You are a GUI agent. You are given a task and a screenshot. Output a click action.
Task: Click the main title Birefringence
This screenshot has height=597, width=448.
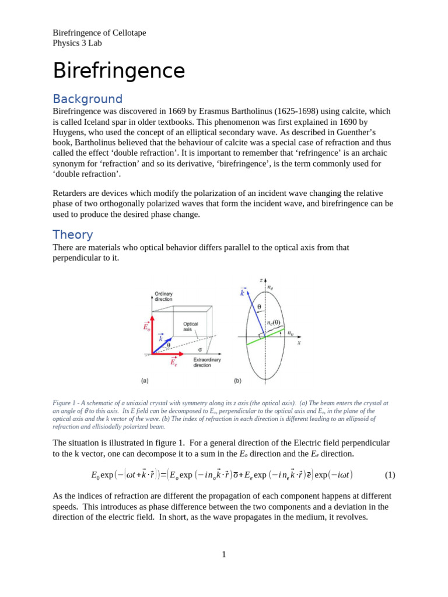coord(119,71)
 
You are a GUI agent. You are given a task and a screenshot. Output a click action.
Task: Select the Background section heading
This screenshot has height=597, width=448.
coord(87,99)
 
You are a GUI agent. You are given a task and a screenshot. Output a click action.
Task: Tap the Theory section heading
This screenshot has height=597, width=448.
coord(73,234)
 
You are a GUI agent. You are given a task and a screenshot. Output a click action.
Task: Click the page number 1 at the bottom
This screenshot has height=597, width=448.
coord(223,554)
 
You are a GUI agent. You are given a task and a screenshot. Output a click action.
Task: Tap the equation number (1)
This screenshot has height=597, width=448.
coord(390,475)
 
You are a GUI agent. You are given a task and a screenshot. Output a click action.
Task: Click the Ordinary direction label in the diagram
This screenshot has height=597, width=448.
coord(163,296)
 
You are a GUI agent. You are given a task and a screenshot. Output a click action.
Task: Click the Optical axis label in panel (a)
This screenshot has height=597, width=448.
coord(191,326)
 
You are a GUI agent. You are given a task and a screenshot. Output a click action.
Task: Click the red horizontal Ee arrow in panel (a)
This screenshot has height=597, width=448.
coord(166,354)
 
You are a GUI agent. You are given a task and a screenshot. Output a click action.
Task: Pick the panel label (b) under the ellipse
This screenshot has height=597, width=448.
coord(237,381)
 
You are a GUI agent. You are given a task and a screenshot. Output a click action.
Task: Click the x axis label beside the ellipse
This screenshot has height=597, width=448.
coord(299,343)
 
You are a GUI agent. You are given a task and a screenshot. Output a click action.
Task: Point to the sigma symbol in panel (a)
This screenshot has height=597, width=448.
coord(200,350)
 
